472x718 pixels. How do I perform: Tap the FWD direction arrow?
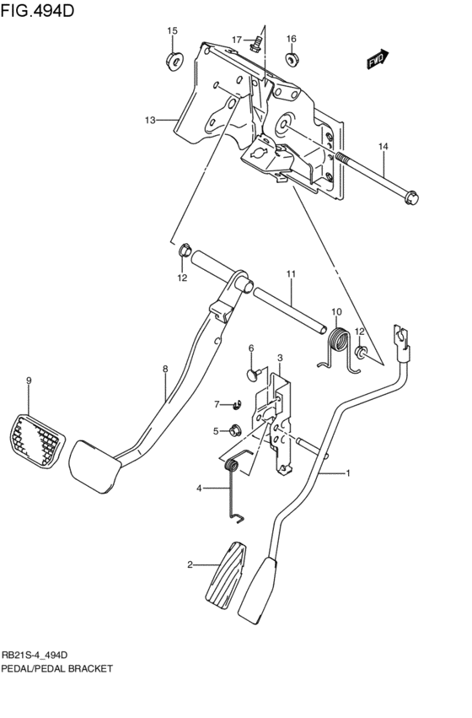[x=376, y=58]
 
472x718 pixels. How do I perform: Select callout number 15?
[x=172, y=31]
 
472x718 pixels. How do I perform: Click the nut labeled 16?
[x=291, y=59]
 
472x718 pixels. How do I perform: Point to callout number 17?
[x=238, y=40]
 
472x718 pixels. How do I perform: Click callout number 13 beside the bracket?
[x=150, y=121]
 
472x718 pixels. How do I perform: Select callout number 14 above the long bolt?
[x=383, y=147]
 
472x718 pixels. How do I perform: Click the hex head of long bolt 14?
[x=411, y=198]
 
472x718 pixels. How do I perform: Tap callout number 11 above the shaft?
[x=290, y=274]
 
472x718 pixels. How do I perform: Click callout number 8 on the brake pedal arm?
[x=165, y=368]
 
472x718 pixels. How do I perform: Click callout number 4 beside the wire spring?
[x=200, y=488]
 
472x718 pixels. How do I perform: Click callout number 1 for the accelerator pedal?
[x=347, y=473]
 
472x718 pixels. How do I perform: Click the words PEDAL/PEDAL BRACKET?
[x=56, y=667]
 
